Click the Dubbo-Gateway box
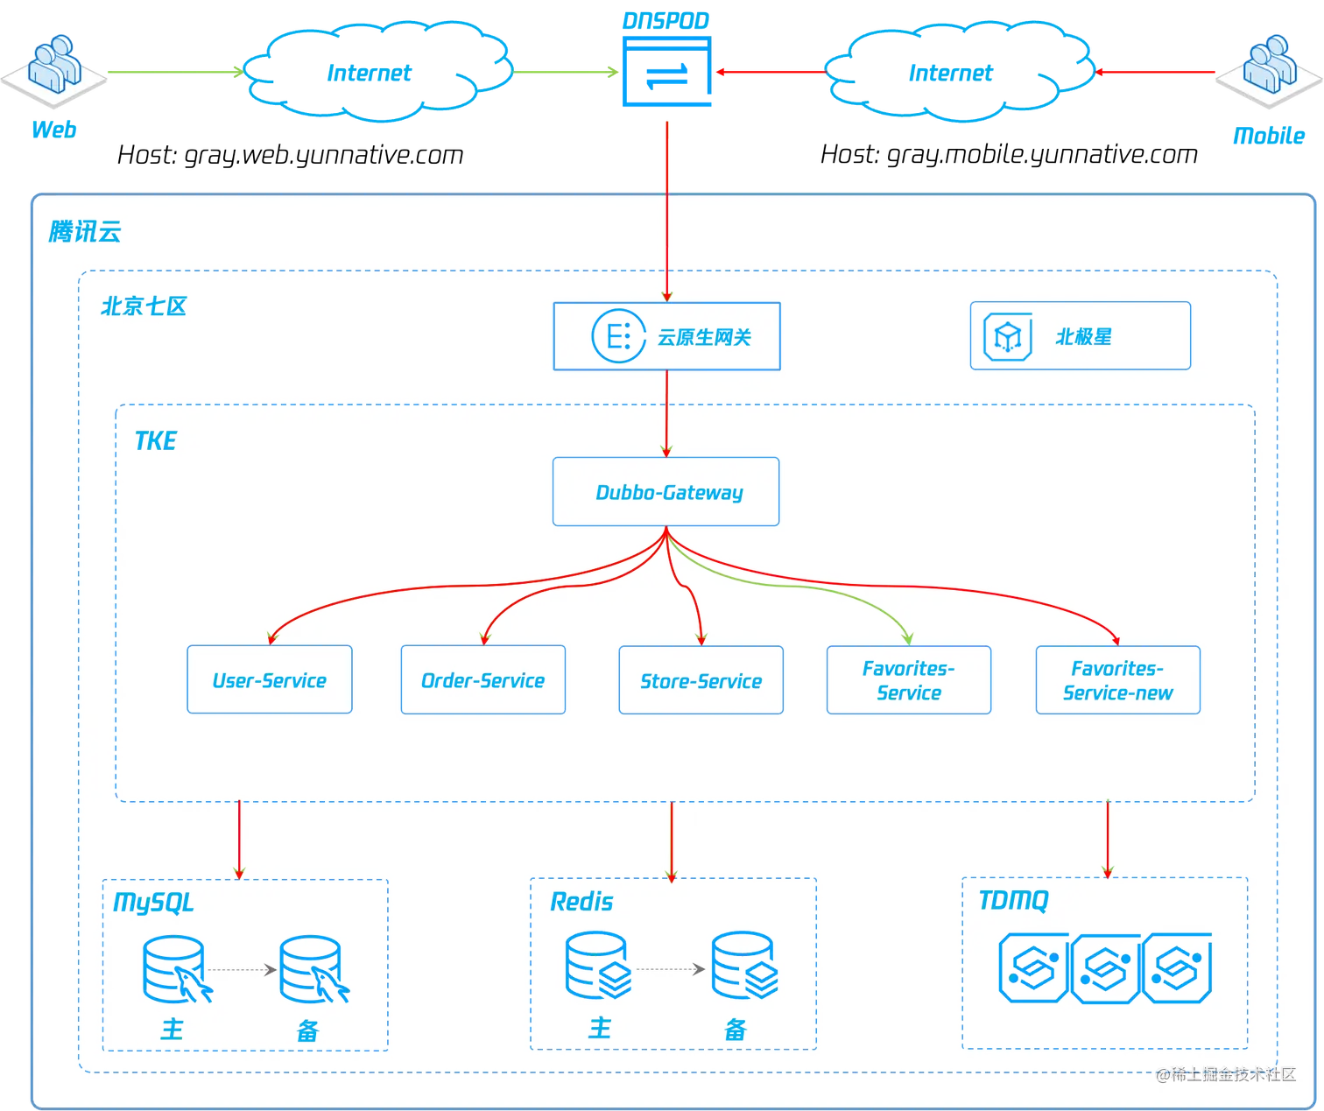(x=666, y=492)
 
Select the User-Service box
(x=270, y=680)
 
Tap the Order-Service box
(x=482, y=680)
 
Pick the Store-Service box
(x=701, y=680)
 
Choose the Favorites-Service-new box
(x=1117, y=680)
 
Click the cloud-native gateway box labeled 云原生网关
(x=666, y=337)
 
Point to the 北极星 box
(x=1080, y=336)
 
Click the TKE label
(x=156, y=440)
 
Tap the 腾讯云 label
(x=85, y=232)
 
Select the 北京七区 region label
(x=144, y=306)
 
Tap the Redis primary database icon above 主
(x=598, y=966)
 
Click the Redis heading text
(x=581, y=902)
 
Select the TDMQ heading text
(x=1013, y=900)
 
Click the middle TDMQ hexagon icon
(x=1105, y=967)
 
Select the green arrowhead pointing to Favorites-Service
(x=908, y=638)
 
